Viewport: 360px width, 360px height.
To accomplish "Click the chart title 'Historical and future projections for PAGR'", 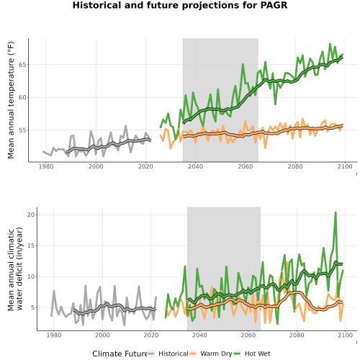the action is [180, 5].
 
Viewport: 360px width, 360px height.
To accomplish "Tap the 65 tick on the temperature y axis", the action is [22, 65].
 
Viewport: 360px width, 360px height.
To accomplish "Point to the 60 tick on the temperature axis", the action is [22, 97].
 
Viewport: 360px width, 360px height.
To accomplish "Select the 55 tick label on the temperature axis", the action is [22, 130].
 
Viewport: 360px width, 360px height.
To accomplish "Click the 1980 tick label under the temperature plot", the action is [46, 166].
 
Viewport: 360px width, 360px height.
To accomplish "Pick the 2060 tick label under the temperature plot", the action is [246, 166].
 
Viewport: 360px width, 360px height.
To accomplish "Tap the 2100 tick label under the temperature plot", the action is [345, 166].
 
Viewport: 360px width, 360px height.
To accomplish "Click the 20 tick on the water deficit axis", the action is [31, 215].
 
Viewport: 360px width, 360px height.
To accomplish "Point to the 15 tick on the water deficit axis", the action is [31, 246].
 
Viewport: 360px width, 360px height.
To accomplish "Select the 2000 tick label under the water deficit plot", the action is [102, 335].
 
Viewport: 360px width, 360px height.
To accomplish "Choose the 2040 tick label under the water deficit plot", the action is [199, 335].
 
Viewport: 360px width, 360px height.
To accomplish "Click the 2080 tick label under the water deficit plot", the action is [297, 335].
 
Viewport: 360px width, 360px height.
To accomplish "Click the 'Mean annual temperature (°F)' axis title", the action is [11, 100].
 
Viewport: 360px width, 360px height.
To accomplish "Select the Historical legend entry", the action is [168, 354].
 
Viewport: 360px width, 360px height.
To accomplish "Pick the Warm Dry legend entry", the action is [211, 354].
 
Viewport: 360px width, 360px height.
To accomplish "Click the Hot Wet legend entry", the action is [252, 354].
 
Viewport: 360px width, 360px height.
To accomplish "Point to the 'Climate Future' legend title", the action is [120, 354].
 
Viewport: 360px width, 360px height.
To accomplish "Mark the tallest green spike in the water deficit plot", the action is [336, 212].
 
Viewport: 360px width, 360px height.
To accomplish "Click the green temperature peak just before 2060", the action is [243, 64].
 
